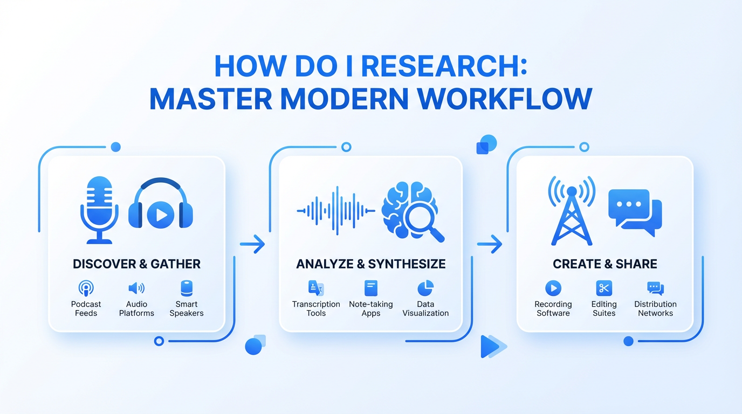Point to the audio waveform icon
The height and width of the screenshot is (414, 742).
point(336,211)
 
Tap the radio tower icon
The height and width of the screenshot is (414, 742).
point(572,211)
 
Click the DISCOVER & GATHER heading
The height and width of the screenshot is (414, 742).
point(136,264)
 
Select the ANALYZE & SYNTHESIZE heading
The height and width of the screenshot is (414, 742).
point(370,264)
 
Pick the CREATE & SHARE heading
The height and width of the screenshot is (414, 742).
point(605,264)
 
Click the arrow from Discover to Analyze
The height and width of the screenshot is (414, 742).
point(252,244)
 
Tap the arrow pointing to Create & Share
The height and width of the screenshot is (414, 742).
point(490,244)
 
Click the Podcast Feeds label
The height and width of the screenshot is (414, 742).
point(86,309)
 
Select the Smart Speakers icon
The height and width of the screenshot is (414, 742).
point(187,288)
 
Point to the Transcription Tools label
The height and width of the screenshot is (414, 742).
point(316,309)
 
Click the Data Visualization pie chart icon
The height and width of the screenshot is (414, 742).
point(425,288)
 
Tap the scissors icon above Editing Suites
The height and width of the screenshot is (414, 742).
point(604,288)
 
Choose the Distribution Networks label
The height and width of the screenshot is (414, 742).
point(655,309)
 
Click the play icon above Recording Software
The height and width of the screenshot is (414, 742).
point(553,288)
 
